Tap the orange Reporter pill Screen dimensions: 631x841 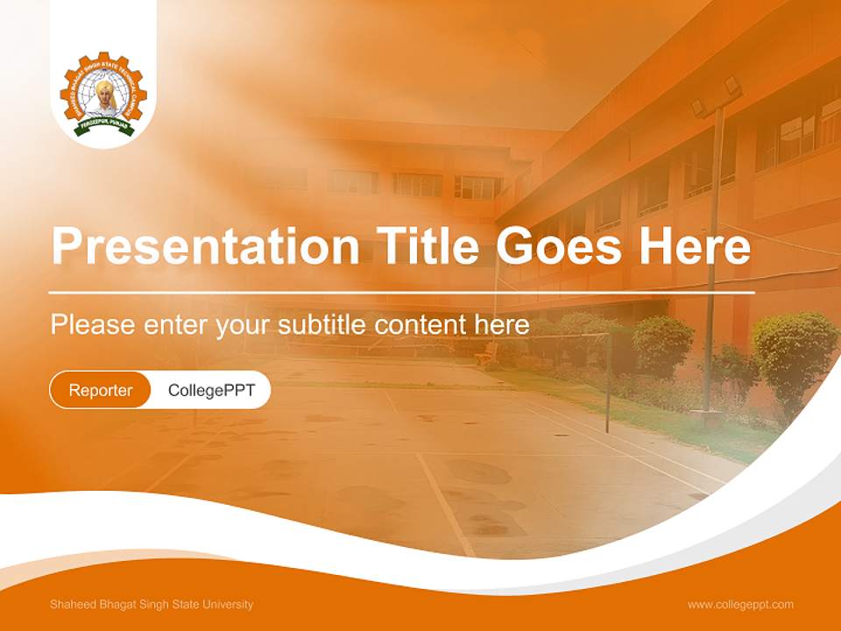pos(101,390)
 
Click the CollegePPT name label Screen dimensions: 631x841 pos(211,390)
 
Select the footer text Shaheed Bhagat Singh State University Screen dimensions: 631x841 pos(152,605)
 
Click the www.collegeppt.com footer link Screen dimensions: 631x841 pos(740,605)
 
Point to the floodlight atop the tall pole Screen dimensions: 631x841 pos(717,95)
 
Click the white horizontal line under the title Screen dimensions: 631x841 pos(401,292)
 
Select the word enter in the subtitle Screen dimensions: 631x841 pos(174,325)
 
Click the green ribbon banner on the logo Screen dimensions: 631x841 pos(104,126)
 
